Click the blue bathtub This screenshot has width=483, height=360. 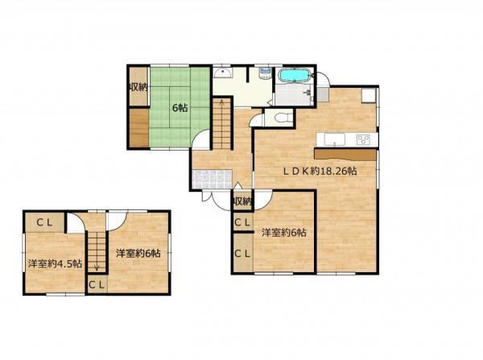click(x=294, y=75)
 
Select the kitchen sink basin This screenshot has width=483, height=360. click(x=334, y=139)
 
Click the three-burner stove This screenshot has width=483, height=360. click(x=363, y=140)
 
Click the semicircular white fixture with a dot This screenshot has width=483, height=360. click(x=222, y=73)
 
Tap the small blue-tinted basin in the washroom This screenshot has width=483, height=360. click(x=265, y=73)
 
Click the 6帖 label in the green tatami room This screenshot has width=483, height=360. click(x=180, y=108)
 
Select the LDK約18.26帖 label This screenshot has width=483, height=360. click(x=320, y=171)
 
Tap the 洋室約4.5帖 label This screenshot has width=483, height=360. click(x=55, y=264)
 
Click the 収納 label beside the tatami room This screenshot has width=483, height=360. click(x=138, y=88)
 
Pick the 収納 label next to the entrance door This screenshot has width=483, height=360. click(x=243, y=202)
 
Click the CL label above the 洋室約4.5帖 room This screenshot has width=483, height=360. click(x=44, y=222)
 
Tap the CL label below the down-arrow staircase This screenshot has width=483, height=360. click(x=97, y=285)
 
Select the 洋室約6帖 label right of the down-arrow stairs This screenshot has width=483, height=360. click(x=138, y=254)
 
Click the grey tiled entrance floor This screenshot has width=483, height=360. click(x=213, y=179)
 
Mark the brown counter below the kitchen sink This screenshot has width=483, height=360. click(x=345, y=155)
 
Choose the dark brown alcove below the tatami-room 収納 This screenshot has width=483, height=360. click(x=139, y=127)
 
